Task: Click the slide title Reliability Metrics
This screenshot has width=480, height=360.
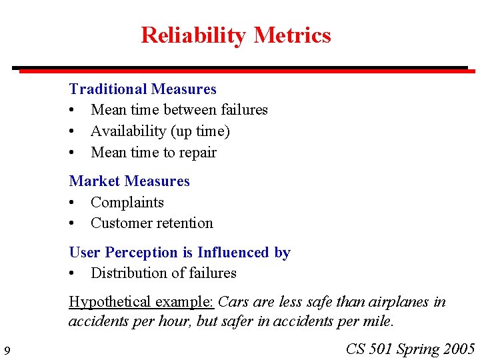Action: (x=235, y=35)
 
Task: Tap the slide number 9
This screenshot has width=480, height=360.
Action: (x=7, y=351)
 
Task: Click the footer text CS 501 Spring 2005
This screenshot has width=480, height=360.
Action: (x=411, y=349)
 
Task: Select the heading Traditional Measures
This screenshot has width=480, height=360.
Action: (x=143, y=89)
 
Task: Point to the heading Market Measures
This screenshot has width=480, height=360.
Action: (x=129, y=181)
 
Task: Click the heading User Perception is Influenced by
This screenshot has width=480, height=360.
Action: (x=179, y=252)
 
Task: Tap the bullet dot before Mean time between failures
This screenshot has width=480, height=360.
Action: (x=73, y=110)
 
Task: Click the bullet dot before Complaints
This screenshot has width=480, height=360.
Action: (x=73, y=203)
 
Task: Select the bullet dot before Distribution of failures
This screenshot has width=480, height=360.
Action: (x=73, y=273)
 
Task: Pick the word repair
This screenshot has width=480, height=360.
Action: (x=199, y=153)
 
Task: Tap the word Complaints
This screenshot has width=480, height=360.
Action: (x=127, y=203)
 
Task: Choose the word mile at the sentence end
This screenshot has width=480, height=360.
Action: (x=381, y=321)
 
